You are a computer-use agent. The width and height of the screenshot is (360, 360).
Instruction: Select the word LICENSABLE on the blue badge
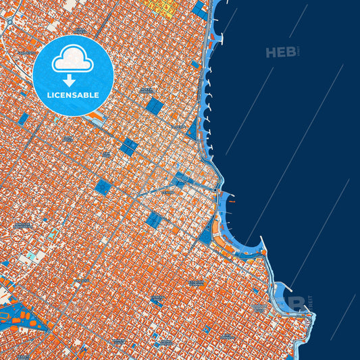click(x=72, y=95)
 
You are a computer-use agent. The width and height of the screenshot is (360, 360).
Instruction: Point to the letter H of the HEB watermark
click(x=271, y=52)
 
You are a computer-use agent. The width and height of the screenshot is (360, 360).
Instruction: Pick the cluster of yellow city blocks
click(x=161, y=7)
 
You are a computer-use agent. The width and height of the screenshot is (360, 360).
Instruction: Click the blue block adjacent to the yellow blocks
click(x=199, y=9)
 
